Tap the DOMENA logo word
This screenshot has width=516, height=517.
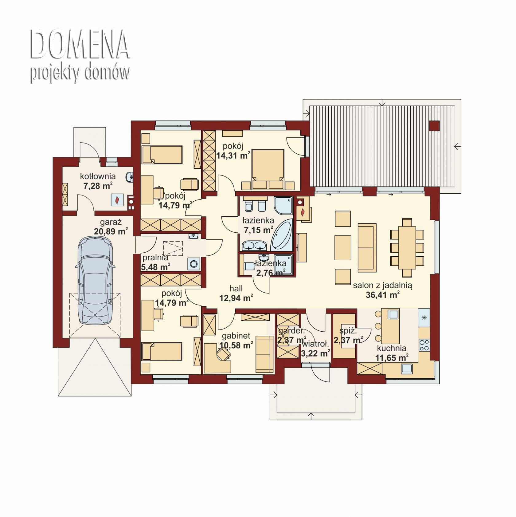click(80, 45)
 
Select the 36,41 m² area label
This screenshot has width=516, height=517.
click(382, 295)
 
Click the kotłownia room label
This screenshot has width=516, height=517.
click(98, 176)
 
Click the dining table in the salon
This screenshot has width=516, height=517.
click(407, 247)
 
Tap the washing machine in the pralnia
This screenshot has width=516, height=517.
click(194, 264)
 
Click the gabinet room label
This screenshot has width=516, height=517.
click(236, 336)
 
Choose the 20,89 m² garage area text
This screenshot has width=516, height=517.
click(111, 231)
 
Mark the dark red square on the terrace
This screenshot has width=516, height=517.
click(434, 126)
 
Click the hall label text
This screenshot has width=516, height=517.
click(236, 288)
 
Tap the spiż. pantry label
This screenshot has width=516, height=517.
click(348, 331)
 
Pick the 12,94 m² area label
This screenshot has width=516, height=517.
click(236, 298)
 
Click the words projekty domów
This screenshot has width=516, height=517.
click(80, 73)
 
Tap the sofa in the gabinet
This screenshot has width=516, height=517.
click(264, 354)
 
